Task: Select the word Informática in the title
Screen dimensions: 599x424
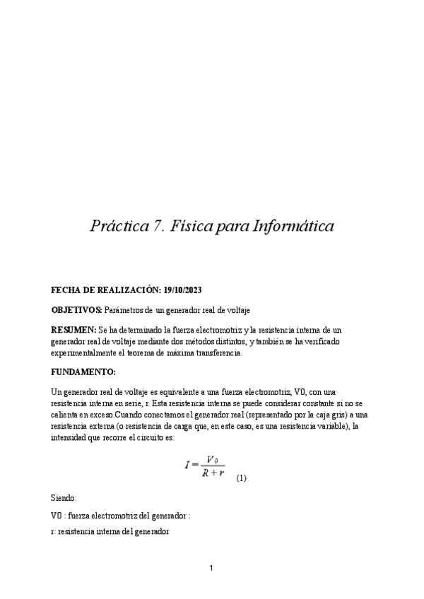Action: pos(290,227)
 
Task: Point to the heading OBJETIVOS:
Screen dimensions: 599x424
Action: pos(77,310)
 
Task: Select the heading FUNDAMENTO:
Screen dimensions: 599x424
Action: pos(83,371)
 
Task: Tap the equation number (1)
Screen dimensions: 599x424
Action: pos(242,478)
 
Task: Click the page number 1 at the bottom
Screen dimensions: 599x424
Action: pos(212,568)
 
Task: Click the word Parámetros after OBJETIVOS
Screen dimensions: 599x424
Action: pos(129,310)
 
